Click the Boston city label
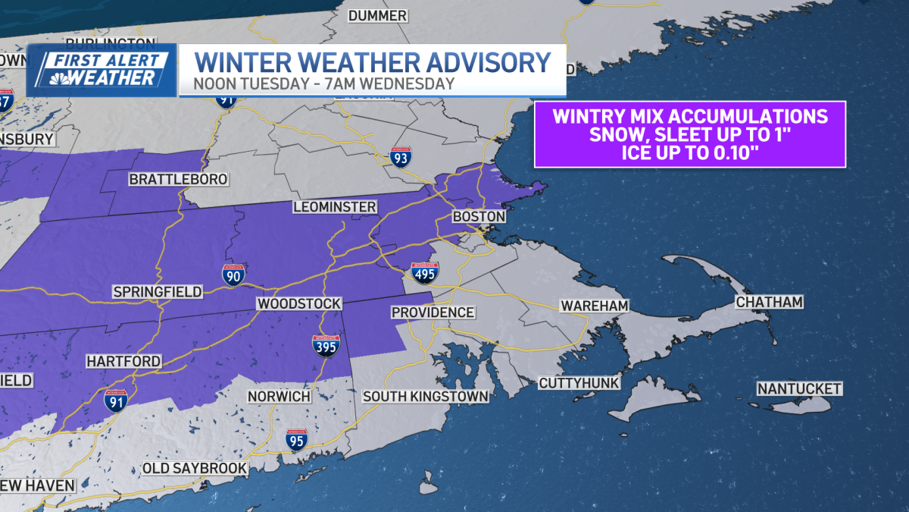pos(478,217)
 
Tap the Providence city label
pos(433,313)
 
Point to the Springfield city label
pos(157,292)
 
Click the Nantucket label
pos(799,389)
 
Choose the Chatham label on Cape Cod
pos(768,303)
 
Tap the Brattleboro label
pos(178,180)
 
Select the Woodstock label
pos(298,303)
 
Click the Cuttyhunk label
pos(579,383)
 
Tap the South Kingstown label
pos(425,396)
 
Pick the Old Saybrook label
pos(195,468)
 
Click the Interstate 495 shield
pos(424,273)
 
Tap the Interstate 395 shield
pos(325,346)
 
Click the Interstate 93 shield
pos(401,157)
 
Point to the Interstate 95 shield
pos(296,440)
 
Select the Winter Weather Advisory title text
pos(371,61)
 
